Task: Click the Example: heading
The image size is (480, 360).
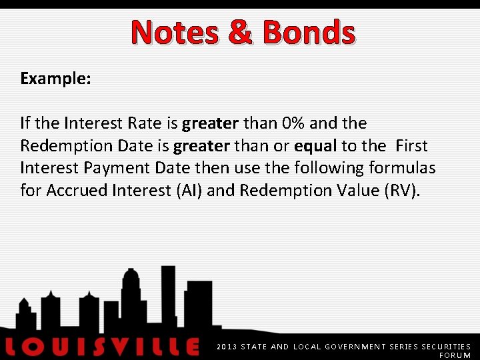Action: [55, 79]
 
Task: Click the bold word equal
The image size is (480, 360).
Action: [315, 146]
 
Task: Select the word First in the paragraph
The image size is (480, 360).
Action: [411, 146]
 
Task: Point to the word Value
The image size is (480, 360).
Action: [349, 191]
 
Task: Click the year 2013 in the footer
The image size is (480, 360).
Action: [227, 347]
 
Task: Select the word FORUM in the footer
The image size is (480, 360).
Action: [455, 356]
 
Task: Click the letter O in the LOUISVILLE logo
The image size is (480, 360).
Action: [42, 347]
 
